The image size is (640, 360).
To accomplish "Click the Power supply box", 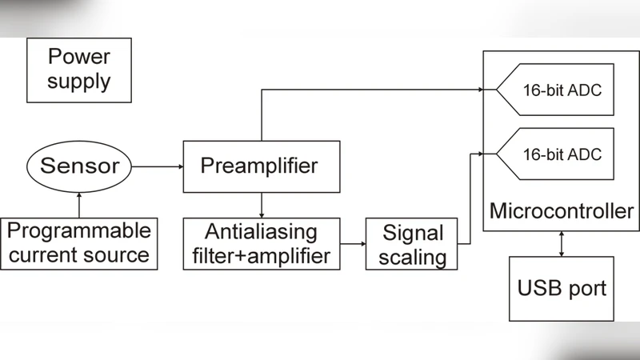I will click(78, 70).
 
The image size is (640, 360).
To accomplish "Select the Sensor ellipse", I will click(79, 166).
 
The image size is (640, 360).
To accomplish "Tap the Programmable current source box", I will click(79, 243).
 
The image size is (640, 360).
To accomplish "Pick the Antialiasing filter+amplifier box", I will click(261, 244).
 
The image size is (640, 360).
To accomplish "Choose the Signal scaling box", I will click(413, 245).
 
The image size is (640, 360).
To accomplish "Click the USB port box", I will click(561, 288).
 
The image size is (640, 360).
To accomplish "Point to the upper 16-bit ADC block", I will click(555, 90).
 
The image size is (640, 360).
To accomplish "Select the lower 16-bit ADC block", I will click(555, 154).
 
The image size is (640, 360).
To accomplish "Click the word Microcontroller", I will click(561, 212).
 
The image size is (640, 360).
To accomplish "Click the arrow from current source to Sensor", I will click(78, 203).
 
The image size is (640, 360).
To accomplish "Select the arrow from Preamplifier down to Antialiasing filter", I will click(261, 205).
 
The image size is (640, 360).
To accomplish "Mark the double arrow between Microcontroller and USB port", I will click(562, 244).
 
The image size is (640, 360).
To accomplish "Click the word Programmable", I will click(78, 231).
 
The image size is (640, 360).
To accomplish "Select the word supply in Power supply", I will click(78, 82).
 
